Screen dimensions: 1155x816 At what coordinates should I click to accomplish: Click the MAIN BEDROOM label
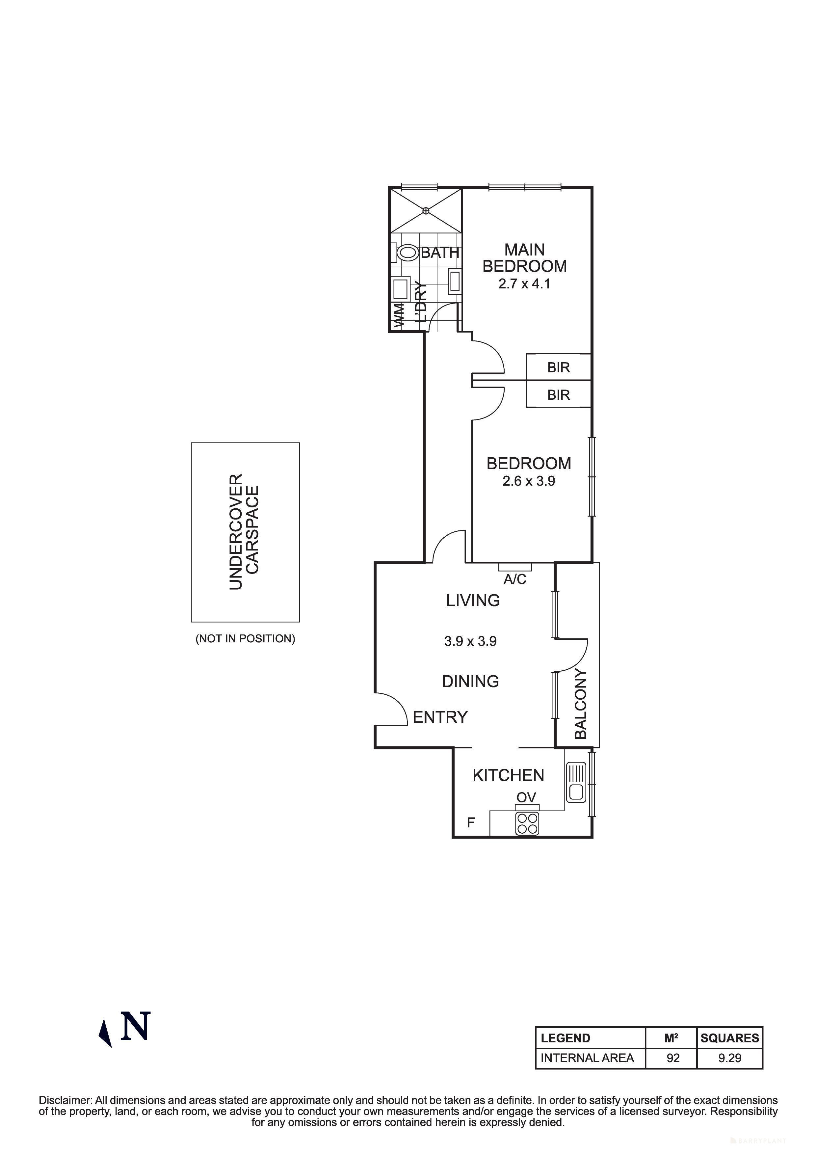[x=524, y=258]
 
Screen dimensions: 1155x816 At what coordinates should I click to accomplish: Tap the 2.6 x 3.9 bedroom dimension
[x=528, y=481]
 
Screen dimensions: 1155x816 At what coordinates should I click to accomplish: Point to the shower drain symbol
[x=426, y=210]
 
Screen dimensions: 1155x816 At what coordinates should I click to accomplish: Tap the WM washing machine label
[x=398, y=316]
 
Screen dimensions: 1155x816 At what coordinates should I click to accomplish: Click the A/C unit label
[x=515, y=579]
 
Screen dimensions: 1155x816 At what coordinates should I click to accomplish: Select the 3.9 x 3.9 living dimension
[x=470, y=641]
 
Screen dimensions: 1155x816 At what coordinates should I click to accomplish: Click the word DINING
[x=470, y=682]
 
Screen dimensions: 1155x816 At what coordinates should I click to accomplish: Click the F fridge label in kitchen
[x=471, y=822]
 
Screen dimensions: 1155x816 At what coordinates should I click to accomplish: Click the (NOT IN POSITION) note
[x=245, y=638]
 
